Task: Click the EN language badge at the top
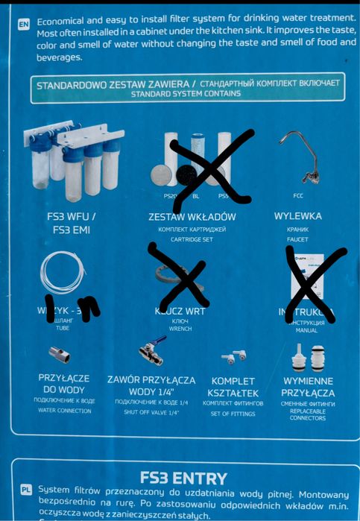pos(24,24)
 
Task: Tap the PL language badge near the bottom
pos(25,490)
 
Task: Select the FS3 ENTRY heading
pos(183,476)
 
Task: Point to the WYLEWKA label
pos(298,216)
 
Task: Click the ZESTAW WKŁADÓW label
pos(192,217)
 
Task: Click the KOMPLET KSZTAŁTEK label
pos(235,386)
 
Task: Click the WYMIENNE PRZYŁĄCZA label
pos(308,386)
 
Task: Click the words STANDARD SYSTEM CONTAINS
pos(186,95)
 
